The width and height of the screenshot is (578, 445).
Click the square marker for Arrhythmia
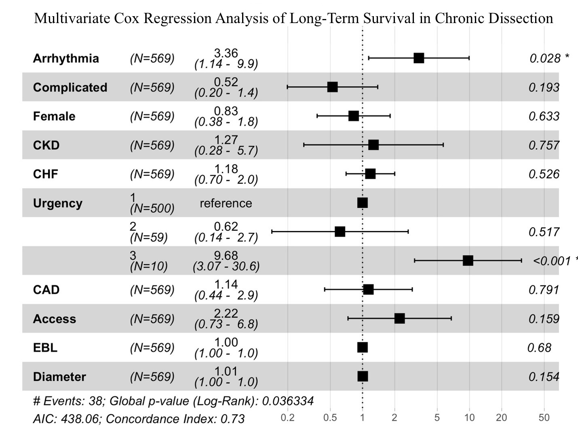click(x=419, y=58)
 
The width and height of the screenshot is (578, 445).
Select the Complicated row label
click(x=70, y=87)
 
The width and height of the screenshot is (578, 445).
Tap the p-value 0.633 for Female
click(x=544, y=117)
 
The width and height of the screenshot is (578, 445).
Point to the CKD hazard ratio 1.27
click(x=226, y=140)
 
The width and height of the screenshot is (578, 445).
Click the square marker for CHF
click(x=370, y=174)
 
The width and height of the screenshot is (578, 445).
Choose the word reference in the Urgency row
click(x=226, y=203)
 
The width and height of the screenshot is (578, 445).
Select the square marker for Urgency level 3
click(x=468, y=261)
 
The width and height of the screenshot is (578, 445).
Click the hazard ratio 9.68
click(x=226, y=256)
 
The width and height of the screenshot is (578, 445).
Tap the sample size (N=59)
click(x=149, y=237)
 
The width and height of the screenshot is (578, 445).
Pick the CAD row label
click(x=46, y=290)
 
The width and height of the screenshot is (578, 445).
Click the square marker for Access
click(x=399, y=318)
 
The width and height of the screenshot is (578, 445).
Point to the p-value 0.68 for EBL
click(x=539, y=348)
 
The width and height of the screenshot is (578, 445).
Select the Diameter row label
click(x=59, y=377)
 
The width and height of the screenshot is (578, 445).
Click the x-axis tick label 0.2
click(x=287, y=417)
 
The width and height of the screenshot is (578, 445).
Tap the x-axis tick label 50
click(x=544, y=417)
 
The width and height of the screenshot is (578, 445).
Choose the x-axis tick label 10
click(x=470, y=417)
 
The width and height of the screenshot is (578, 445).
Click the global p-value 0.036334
click(x=288, y=401)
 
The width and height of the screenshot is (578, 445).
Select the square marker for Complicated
click(x=332, y=87)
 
